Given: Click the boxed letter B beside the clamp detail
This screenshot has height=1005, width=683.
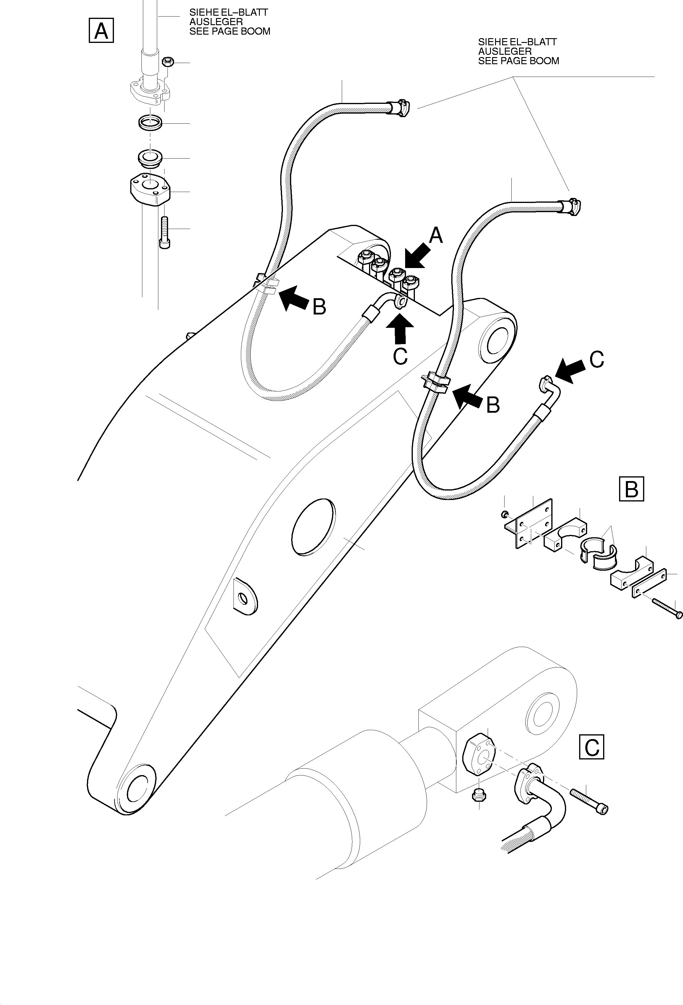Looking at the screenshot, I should pos(631,489).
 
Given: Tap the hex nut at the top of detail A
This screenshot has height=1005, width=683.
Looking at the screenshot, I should pos(168,62).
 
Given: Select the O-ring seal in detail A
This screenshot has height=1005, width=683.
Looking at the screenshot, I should pos(150,123).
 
